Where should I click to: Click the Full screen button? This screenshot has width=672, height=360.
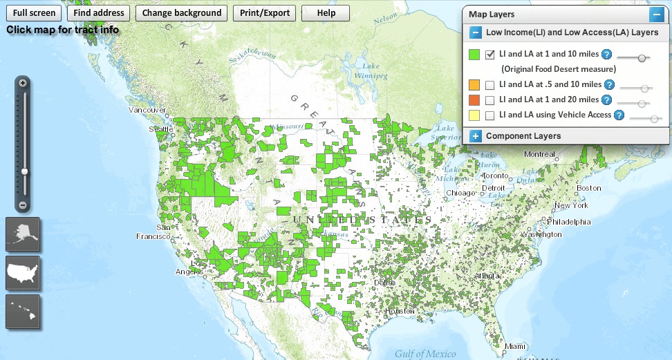click(34, 13)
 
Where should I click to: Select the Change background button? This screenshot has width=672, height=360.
click(182, 13)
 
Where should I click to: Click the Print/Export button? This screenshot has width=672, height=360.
click(264, 13)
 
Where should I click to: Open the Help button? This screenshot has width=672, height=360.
click(326, 13)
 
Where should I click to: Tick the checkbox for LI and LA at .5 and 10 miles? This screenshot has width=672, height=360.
click(490, 85)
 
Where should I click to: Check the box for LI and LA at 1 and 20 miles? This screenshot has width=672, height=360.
click(490, 100)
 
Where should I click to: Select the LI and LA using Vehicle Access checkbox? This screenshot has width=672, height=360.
click(490, 115)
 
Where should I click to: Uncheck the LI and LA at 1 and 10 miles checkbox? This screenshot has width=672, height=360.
click(490, 54)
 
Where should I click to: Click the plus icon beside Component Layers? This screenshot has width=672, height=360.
click(476, 136)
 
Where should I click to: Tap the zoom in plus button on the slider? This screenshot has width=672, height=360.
click(23, 83)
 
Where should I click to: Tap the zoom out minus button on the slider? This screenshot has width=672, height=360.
click(23, 205)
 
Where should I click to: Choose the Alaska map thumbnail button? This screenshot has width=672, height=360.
click(23, 234)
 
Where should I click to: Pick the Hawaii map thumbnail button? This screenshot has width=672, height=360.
click(23, 312)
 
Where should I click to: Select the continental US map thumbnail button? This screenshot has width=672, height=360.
click(23, 273)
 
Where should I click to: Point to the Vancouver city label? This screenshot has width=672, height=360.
click(147, 110)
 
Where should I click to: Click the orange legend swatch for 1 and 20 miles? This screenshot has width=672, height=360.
click(474, 100)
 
